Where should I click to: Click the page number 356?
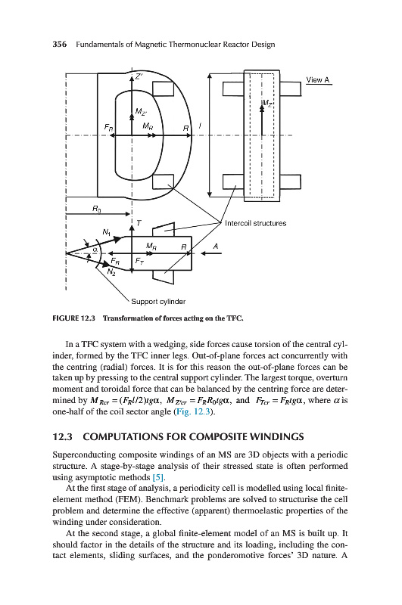pos(59,45)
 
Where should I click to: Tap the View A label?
pos(318,80)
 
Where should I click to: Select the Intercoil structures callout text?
pos(255,223)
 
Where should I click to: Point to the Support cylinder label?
pos(158,302)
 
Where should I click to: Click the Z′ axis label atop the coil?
pos(139,76)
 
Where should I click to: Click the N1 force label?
pos(107,232)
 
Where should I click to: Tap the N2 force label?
pos(111,273)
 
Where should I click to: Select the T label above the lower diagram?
pos(139,223)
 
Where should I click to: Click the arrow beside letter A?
pos(211,253)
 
